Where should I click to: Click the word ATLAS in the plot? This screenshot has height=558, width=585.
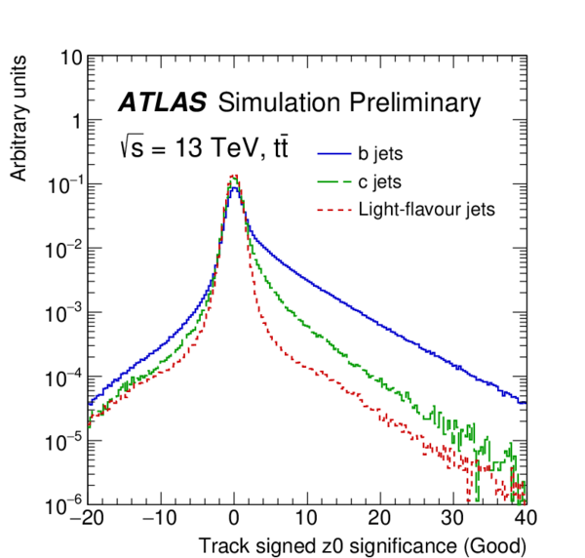coord(163,102)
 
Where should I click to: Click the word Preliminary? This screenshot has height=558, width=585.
coord(423,102)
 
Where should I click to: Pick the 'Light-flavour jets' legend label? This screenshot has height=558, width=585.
coord(427,208)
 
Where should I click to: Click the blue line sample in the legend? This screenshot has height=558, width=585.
coord(332,153)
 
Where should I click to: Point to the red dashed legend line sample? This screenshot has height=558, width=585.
coord(332,208)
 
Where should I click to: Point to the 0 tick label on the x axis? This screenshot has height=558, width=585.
coord(234,518)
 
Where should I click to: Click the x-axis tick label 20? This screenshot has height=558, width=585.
coord(381,518)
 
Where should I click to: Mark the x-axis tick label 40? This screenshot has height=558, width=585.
coord(526,518)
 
